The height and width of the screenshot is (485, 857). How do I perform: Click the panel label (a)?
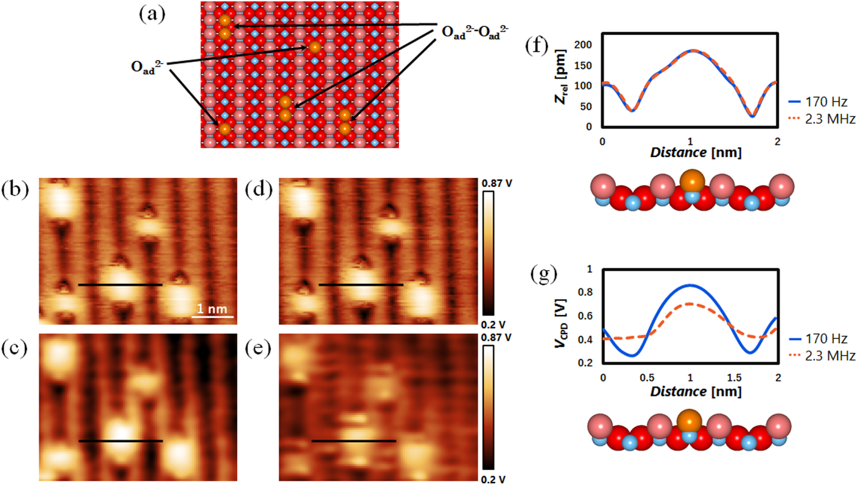[152, 14]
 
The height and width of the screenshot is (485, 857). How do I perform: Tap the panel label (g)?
[544, 273]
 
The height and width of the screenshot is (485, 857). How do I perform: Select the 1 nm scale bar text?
[212, 309]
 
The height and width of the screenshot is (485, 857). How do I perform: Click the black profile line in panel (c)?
[121, 441]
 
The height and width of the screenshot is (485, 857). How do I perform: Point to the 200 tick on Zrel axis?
[582, 45]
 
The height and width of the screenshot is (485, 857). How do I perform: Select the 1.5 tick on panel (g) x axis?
[734, 378]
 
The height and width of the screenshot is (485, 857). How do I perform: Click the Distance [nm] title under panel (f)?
[696, 152]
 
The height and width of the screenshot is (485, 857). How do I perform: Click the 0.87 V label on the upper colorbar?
[496, 183]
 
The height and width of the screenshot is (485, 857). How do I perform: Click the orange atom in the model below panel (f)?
[692, 181]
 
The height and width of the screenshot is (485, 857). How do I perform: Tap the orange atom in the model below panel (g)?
[689, 422]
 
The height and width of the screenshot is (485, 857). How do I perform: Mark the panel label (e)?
[258, 349]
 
